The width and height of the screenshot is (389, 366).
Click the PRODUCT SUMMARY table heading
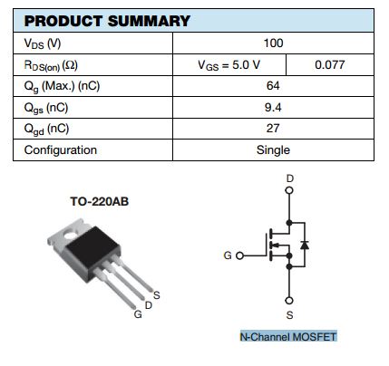click(x=107, y=21)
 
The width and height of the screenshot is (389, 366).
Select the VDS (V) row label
click(x=43, y=43)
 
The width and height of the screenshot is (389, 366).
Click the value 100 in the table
click(x=274, y=43)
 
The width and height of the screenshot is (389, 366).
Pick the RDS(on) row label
click(x=53, y=65)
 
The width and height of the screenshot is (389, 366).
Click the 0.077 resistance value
click(x=329, y=65)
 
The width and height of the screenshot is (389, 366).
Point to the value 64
click(x=274, y=86)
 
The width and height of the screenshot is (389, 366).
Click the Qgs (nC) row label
click(x=46, y=107)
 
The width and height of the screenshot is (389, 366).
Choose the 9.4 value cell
click(x=274, y=107)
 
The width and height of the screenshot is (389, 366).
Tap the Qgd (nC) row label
click(x=46, y=129)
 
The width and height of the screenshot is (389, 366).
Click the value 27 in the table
click(x=274, y=129)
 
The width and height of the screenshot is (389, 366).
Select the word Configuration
click(x=61, y=150)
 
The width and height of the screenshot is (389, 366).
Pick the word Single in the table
click(x=274, y=150)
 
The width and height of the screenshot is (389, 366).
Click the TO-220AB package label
click(x=100, y=201)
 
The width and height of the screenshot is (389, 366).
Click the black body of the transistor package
click(x=98, y=246)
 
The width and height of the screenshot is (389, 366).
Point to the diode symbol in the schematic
click(x=305, y=245)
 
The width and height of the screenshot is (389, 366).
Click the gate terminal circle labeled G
click(x=240, y=256)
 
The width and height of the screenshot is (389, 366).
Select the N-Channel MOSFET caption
click(x=287, y=337)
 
